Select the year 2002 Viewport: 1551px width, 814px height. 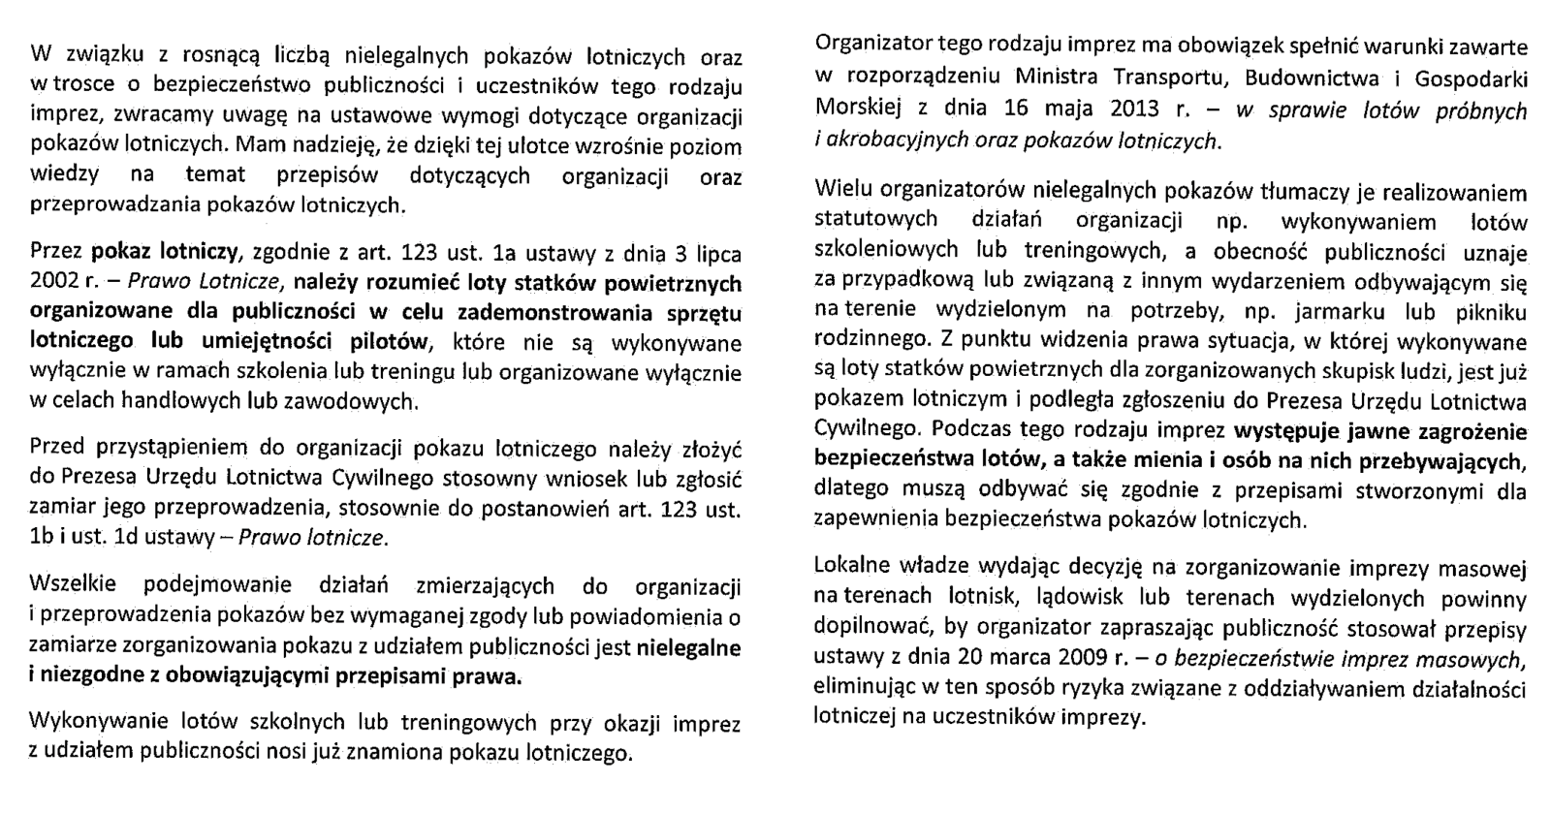55,284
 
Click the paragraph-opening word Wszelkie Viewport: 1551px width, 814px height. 73,585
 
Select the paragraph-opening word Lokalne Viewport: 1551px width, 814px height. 849,567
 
